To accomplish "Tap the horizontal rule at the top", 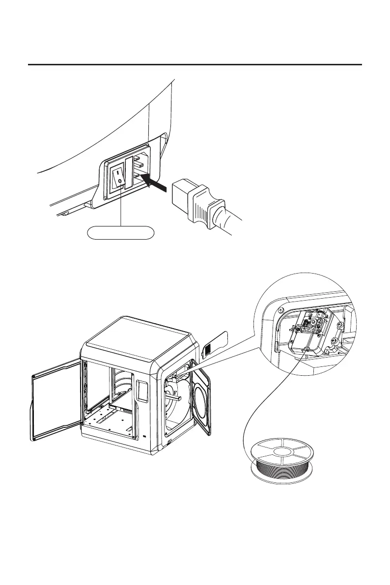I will coord(195,64).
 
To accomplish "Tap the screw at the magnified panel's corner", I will coord(280,309).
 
